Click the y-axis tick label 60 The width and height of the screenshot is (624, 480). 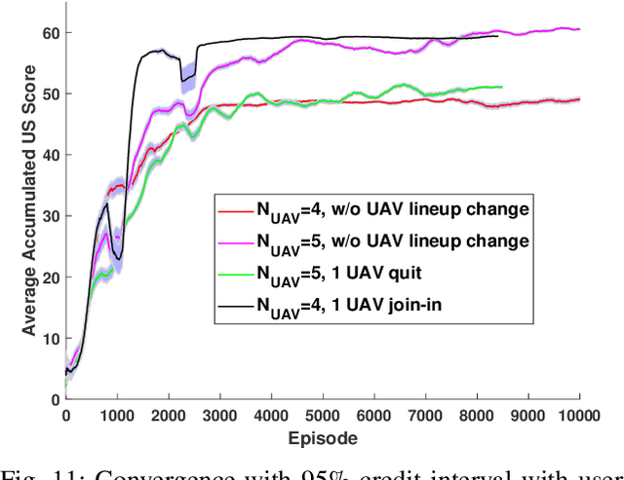click(x=50, y=33)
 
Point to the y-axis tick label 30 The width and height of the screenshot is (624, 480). click(x=50, y=216)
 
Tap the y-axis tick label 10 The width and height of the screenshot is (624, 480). click(x=50, y=338)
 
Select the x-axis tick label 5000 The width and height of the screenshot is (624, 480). click(x=323, y=416)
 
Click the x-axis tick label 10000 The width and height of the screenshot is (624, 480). click(x=579, y=416)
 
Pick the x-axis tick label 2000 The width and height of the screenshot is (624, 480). click(x=169, y=416)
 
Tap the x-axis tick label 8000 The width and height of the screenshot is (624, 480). click(x=477, y=416)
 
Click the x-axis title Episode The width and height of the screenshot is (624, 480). click(x=324, y=438)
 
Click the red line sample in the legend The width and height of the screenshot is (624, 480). click(x=234, y=207)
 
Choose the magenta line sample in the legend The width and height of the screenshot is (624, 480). click(x=234, y=239)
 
